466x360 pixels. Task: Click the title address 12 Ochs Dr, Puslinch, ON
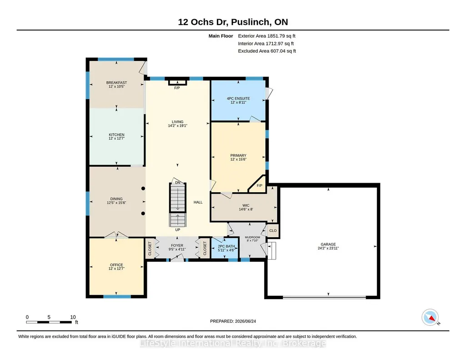[233, 22]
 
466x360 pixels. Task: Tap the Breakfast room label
[116, 83]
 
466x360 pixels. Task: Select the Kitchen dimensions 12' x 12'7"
[116, 139]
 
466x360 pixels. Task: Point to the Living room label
[177, 122]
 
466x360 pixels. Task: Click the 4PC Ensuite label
[238, 98]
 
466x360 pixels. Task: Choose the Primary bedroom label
[238, 155]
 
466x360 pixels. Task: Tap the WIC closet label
[246, 205]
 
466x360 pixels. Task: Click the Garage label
[328, 244]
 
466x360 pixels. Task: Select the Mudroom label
[252, 237]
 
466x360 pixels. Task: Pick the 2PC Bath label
[226, 246]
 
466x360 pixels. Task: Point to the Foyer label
[177, 245]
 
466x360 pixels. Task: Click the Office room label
[116, 265]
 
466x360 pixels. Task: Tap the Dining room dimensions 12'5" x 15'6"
[116, 203]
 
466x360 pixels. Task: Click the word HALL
[198, 202]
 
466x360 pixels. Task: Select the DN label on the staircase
[177, 183]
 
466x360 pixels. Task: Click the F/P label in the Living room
[177, 88]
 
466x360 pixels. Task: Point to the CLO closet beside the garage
[273, 230]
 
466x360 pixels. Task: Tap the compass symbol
[430, 318]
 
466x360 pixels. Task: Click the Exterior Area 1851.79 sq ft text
[266, 36]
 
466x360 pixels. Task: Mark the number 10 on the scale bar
[73, 317]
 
